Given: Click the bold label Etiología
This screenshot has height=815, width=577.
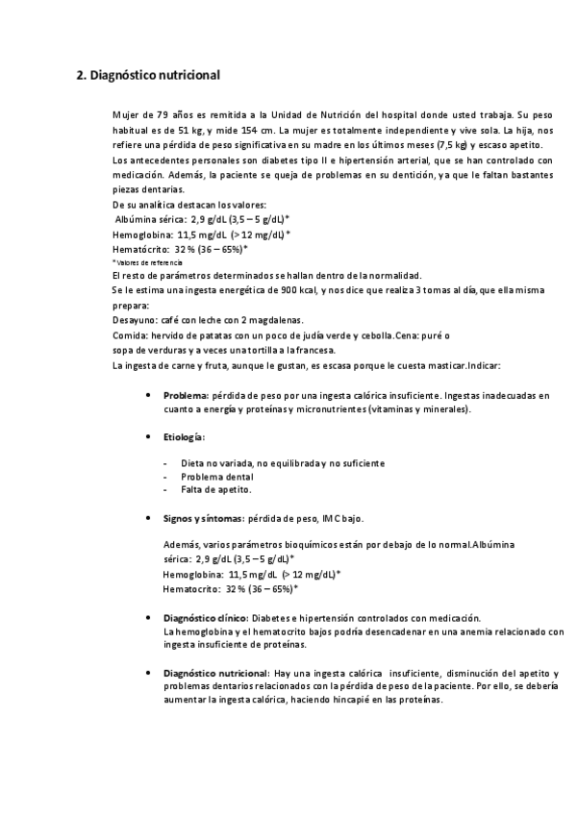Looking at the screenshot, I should point(183,437).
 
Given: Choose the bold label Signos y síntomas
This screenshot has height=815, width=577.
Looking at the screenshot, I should point(204,518).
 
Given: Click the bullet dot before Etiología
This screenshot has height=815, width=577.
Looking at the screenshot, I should point(146,437).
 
